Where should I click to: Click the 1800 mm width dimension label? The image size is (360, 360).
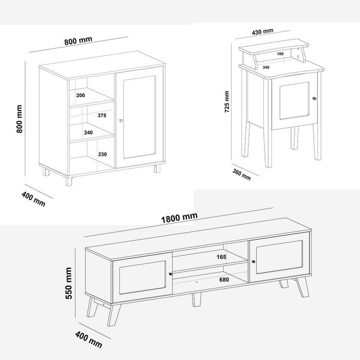click(179, 218)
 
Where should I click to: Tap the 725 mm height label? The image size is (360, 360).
click(227, 102)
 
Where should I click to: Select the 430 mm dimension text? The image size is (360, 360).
click(263, 31)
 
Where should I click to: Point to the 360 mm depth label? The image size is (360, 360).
click(242, 175)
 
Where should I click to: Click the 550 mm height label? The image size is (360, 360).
click(69, 283)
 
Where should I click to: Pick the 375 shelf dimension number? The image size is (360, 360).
click(102, 115)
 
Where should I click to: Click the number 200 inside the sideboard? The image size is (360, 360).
click(81, 95)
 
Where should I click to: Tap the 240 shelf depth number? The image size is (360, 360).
click(88, 132)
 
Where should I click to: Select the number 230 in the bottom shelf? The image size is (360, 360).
click(103, 154)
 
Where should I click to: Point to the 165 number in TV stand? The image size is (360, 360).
click(221, 257)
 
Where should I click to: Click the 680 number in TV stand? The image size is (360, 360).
click(224, 279)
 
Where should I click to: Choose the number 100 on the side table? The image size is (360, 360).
click(280, 54)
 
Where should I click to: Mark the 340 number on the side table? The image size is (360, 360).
click(266, 67)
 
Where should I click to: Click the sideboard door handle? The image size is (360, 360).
click(121, 120)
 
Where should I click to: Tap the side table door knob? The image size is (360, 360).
click(315, 99)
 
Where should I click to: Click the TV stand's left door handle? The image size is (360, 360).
click(171, 274)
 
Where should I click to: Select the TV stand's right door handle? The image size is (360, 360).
click(253, 261)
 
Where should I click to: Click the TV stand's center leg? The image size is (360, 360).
click(197, 299)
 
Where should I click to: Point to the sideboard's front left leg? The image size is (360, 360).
click(69, 181)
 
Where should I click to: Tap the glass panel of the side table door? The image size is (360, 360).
click(294, 101)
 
